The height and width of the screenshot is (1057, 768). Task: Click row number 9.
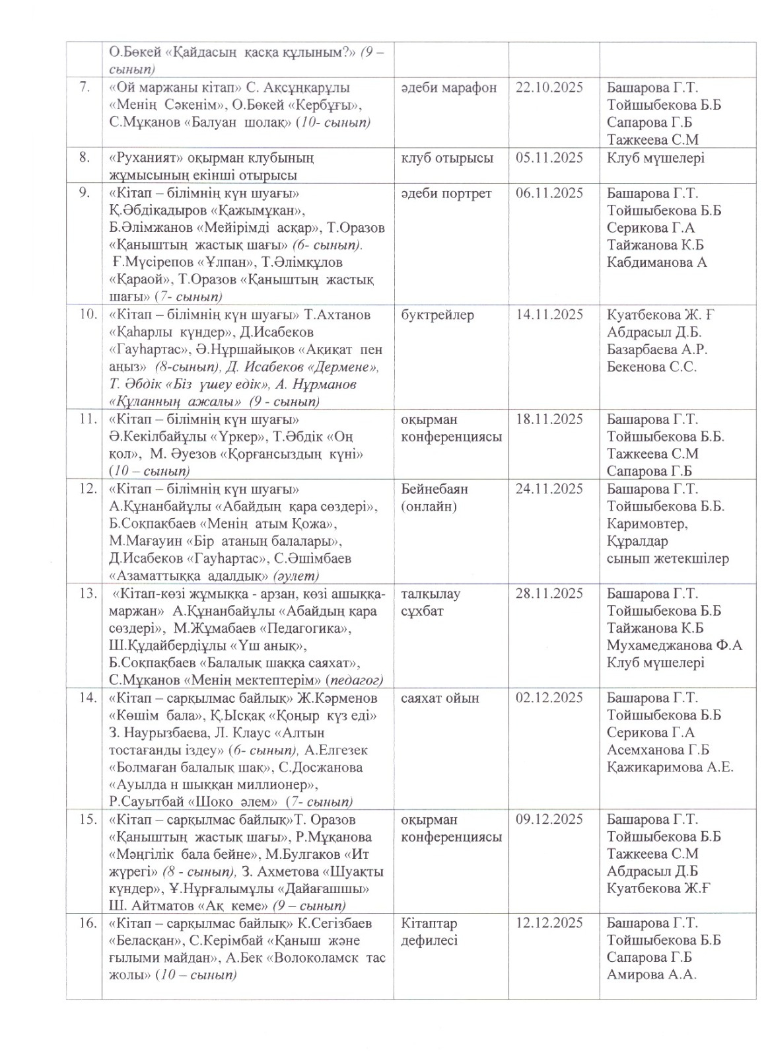(84, 194)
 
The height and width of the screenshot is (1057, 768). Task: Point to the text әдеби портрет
(446, 194)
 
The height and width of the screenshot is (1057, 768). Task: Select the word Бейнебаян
(434, 489)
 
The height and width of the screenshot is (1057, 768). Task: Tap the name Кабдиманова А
(656, 262)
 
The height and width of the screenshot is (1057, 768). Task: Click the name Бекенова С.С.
(652, 367)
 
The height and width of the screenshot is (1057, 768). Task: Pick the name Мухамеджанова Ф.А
(674, 645)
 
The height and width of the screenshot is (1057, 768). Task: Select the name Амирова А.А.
(651, 974)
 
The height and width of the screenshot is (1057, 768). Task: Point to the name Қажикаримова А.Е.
(670, 767)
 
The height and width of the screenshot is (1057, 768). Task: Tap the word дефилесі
(429, 940)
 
